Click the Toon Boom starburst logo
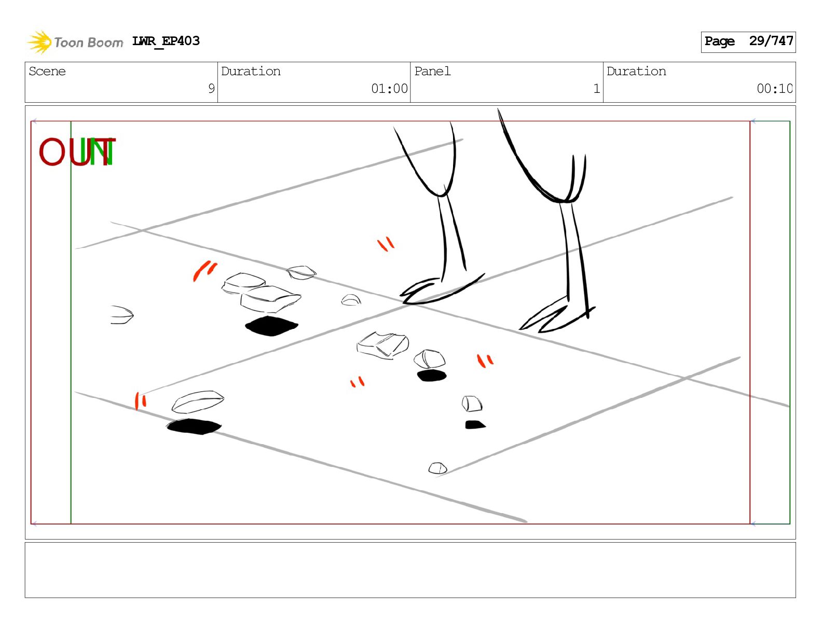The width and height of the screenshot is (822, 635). (39, 42)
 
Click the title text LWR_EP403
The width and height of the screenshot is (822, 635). (166, 41)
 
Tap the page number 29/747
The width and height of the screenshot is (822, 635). (771, 41)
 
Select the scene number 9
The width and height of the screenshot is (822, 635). (211, 88)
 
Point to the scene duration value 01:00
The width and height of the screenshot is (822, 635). (389, 89)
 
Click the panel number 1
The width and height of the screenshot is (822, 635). (597, 89)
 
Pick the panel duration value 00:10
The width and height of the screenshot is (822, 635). (774, 89)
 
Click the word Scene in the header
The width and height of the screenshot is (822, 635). (47, 71)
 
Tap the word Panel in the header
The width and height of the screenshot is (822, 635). (432, 71)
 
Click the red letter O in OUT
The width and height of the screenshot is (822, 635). (51, 151)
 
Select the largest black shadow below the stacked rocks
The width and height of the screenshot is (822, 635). (271, 326)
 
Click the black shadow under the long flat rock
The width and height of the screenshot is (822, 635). (194, 426)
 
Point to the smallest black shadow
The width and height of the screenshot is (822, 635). (475, 425)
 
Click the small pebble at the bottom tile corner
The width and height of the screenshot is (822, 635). (437, 468)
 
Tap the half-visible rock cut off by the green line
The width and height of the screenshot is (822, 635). (122, 315)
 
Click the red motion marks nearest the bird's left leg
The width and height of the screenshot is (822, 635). (386, 244)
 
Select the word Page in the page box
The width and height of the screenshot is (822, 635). (719, 41)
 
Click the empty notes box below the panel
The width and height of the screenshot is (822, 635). (410, 570)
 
